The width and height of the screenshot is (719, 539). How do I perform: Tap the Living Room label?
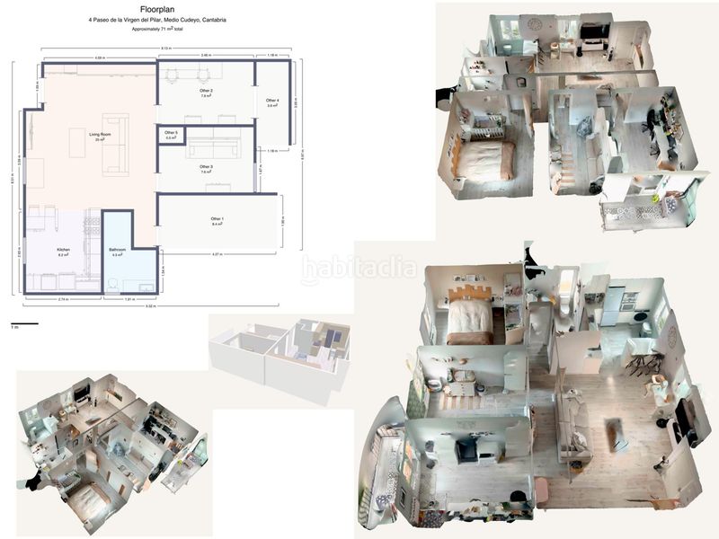point(99,135)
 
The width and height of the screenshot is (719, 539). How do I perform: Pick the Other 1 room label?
point(217,220)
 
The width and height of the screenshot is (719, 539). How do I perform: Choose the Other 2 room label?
point(206,92)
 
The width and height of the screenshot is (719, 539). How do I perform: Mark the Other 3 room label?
point(206,167)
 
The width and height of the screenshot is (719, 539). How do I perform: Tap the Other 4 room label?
point(272,102)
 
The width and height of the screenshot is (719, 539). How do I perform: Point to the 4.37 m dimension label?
point(217,254)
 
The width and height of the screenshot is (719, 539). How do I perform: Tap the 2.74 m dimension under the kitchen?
point(63,297)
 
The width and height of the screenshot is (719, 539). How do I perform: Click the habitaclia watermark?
point(359,267)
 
